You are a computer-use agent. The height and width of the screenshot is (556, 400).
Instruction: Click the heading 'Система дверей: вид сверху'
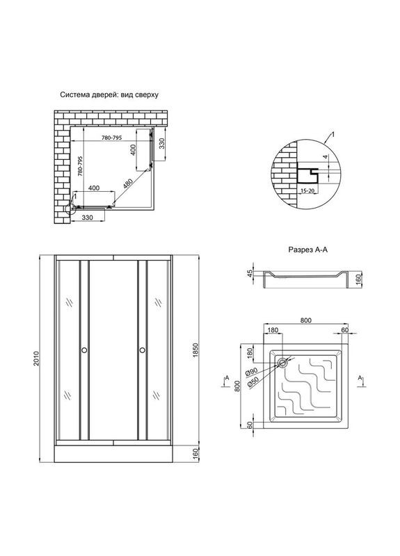coord(109,95)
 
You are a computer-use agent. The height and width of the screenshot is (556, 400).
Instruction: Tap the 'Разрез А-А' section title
coord(307,250)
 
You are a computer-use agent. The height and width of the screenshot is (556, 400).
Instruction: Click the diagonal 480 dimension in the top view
coord(128,184)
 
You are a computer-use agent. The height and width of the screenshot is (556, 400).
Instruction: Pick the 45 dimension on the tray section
coord(250,273)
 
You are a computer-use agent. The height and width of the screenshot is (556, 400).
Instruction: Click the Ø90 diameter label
coord(251,373)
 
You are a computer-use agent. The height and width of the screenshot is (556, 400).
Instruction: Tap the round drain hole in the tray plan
coord(282,362)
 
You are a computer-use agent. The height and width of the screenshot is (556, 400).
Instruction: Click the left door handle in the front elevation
coord(84,350)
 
